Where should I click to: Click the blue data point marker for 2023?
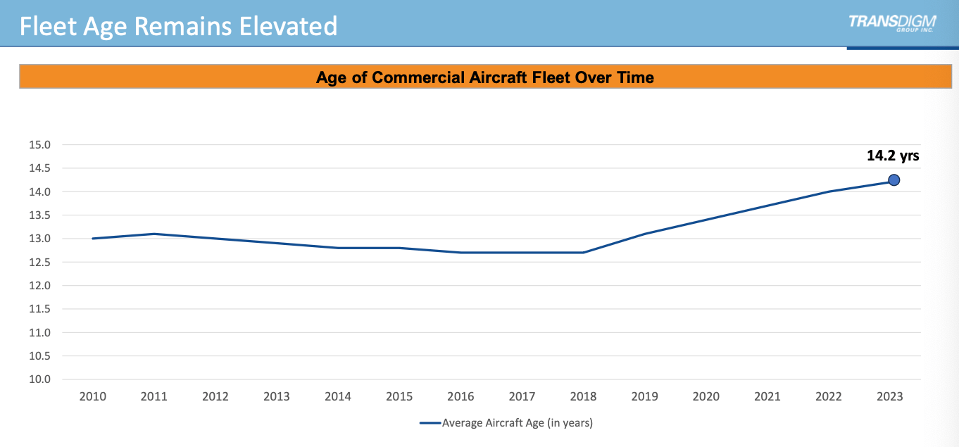point(894,180)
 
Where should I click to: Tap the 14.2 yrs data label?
point(893,156)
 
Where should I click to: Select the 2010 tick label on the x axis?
point(92,397)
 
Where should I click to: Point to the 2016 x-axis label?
point(460,397)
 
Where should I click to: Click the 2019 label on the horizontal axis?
point(644,397)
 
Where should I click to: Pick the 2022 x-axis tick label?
point(828,397)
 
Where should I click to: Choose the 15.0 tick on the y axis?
point(39,145)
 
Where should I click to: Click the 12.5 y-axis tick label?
point(39,262)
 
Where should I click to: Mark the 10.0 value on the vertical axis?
point(39,379)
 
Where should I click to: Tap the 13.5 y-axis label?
point(39,215)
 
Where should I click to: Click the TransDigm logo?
point(891,23)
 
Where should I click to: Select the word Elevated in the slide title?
point(287,27)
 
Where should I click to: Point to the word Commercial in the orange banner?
point(418,77)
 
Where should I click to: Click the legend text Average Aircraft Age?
point(517,423)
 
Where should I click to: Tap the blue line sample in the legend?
point(430,423)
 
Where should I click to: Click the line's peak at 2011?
point(153,234)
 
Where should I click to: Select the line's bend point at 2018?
point(583,252)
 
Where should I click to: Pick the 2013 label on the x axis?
point(276,397)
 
